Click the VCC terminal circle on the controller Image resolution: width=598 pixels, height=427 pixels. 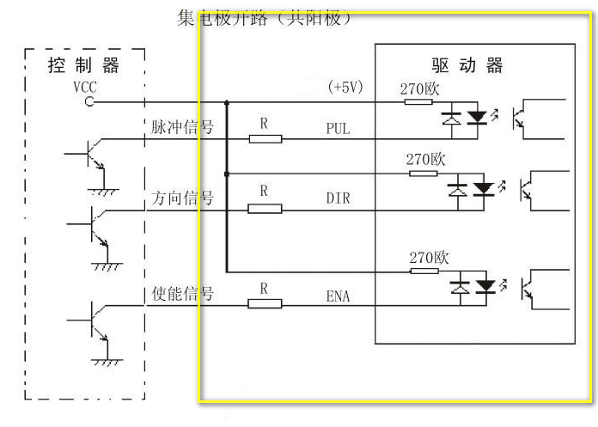click(88, 102)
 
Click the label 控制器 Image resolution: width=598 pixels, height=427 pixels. click(83, 66)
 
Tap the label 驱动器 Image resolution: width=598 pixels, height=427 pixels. click(467, 66)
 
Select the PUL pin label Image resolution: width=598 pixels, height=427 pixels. click(338, 129)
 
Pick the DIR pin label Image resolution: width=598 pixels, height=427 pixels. click(338, 198)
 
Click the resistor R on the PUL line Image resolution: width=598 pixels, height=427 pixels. click(265, 138)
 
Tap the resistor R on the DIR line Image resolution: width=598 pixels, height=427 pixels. click(265, 208)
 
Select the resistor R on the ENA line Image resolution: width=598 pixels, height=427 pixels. click(265, 303)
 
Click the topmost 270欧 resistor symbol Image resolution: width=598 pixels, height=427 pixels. click(418, 102)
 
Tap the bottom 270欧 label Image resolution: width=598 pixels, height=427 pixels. click(428, 257)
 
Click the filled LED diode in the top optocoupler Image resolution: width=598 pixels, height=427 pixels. click(482, 116)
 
